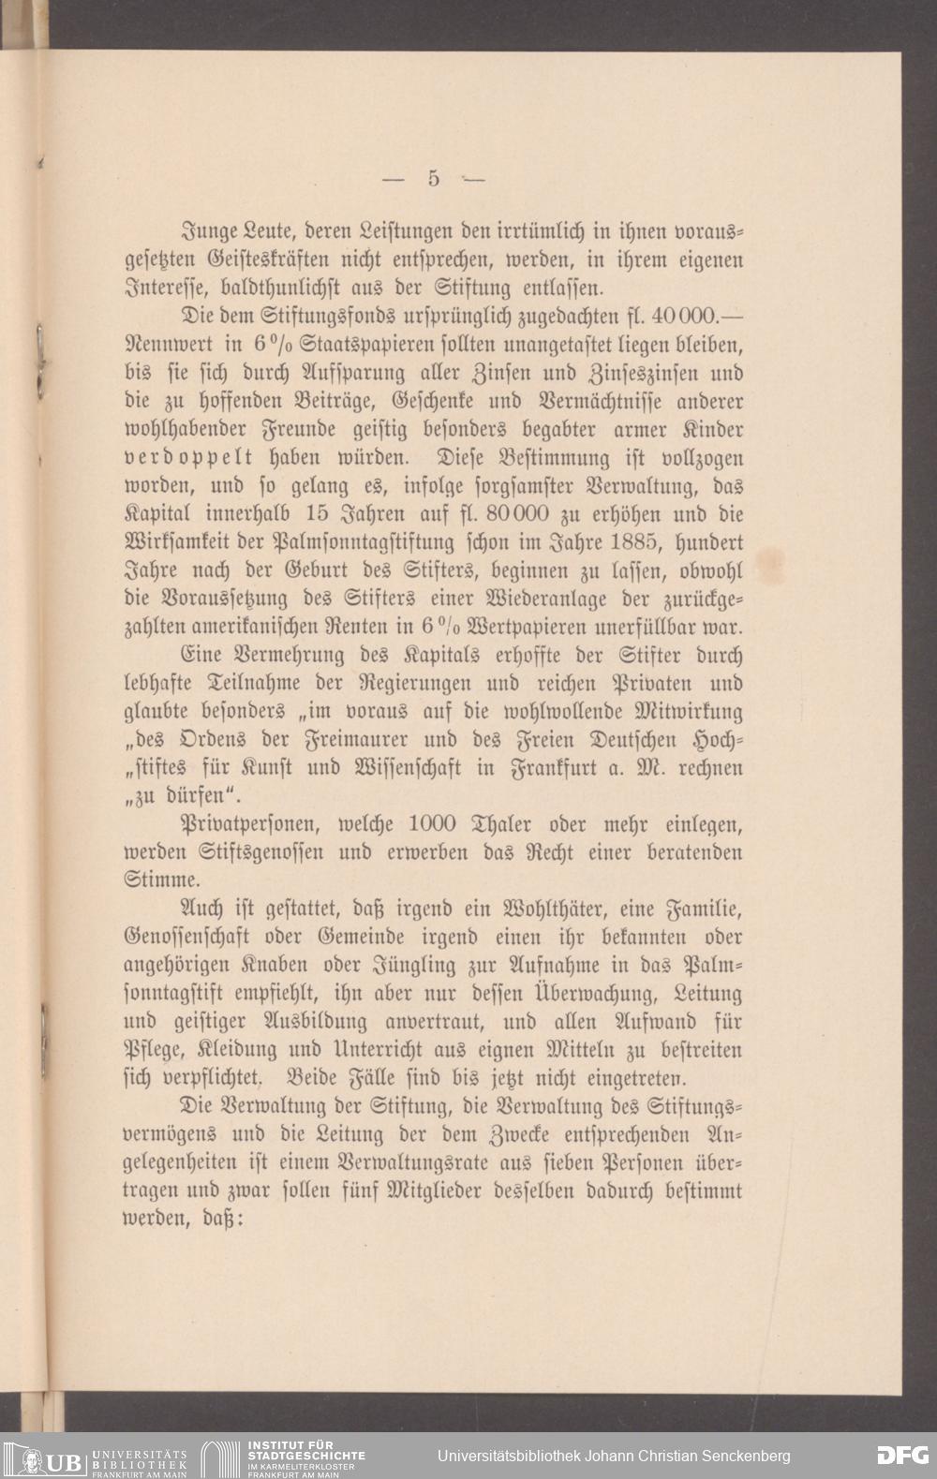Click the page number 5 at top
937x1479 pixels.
tap(434, 178)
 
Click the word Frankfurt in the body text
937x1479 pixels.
tap(547, 770)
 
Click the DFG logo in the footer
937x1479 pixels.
tap(902, 1455)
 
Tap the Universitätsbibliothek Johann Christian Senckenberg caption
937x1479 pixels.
tap(614, 1456)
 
